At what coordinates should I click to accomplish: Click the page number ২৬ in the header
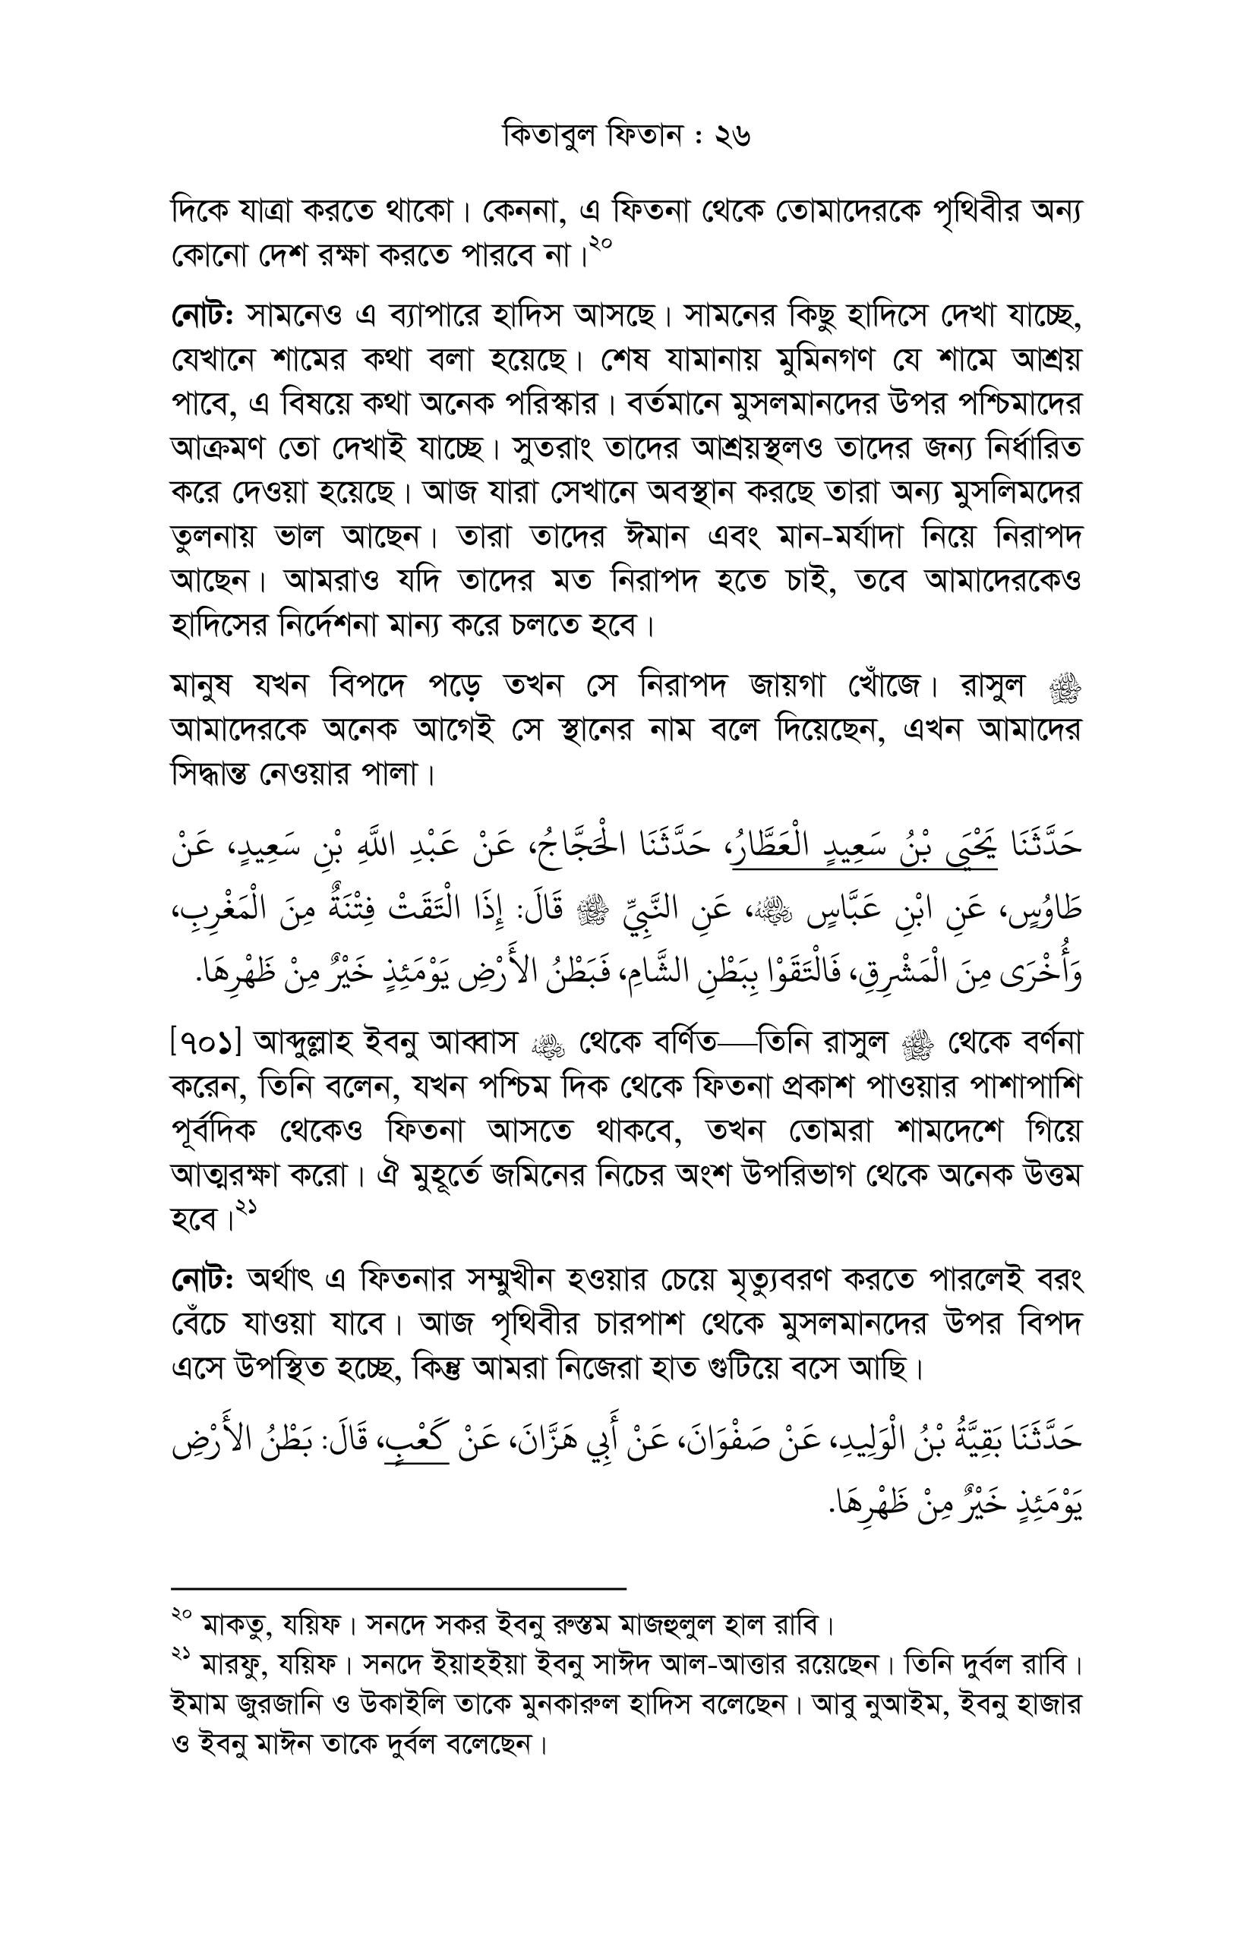731,135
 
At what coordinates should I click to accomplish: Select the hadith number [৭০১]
207,1043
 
